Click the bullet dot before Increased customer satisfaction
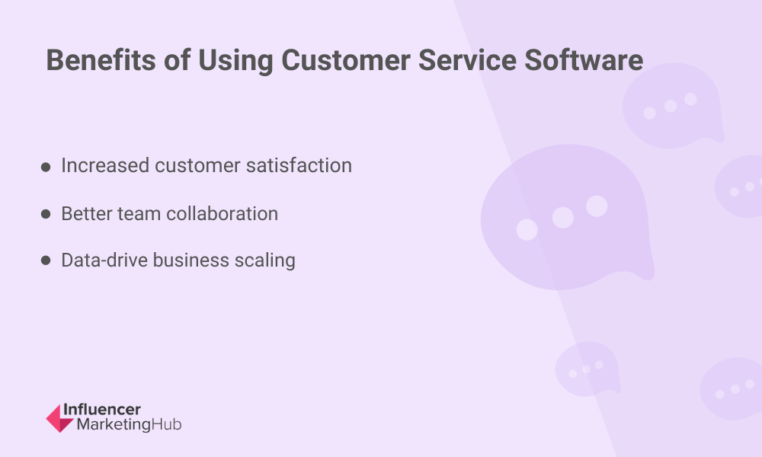coord(46,167)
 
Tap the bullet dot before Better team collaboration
coord(46,215)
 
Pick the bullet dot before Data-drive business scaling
coord(46,261)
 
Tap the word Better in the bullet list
coord(85,213)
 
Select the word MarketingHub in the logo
coord(129,425)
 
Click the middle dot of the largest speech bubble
coord(562,218)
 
